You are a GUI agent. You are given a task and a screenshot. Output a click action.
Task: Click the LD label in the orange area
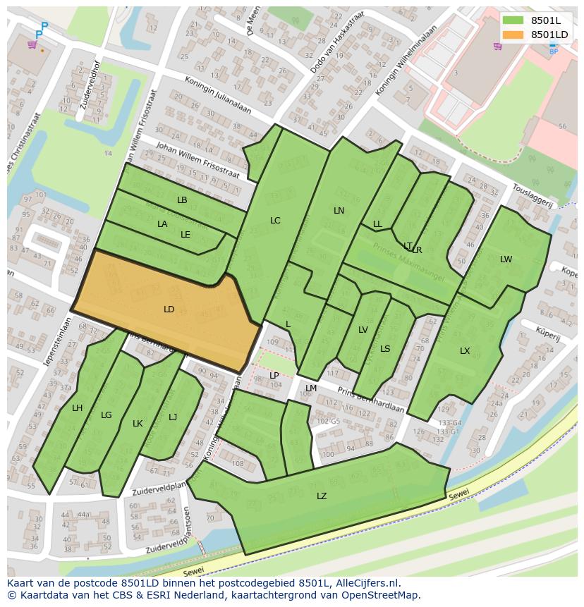click(x=169, y=309)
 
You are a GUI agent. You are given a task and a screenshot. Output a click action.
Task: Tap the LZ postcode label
click(x=322, y=496)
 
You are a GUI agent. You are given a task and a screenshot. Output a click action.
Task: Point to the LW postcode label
click(x=506, y=259)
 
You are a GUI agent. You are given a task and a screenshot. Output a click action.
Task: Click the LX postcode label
click(x=465, y=351)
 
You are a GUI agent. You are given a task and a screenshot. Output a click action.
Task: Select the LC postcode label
click(x=275, y=221)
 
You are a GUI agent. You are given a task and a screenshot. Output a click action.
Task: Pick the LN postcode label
click(x=339, y=211)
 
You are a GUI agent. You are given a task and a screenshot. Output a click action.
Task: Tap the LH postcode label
click(x=78, y=408)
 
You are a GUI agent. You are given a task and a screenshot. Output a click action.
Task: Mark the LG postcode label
click(x=107, y=415)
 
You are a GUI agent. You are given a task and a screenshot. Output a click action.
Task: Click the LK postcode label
click(x=138, y=424)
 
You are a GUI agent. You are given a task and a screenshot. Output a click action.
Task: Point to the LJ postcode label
click(x=173, y=417)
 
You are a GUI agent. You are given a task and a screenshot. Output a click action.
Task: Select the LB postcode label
click(x=182, y=200)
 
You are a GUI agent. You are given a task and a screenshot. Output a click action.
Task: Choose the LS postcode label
click(x=385, y=349)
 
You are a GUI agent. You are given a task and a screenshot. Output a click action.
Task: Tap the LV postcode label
click(x=363, y=330)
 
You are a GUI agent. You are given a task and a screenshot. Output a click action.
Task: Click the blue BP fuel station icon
click(x=553, y=47)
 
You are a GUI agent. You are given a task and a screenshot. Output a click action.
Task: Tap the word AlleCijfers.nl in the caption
click(x=367, y=584)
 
